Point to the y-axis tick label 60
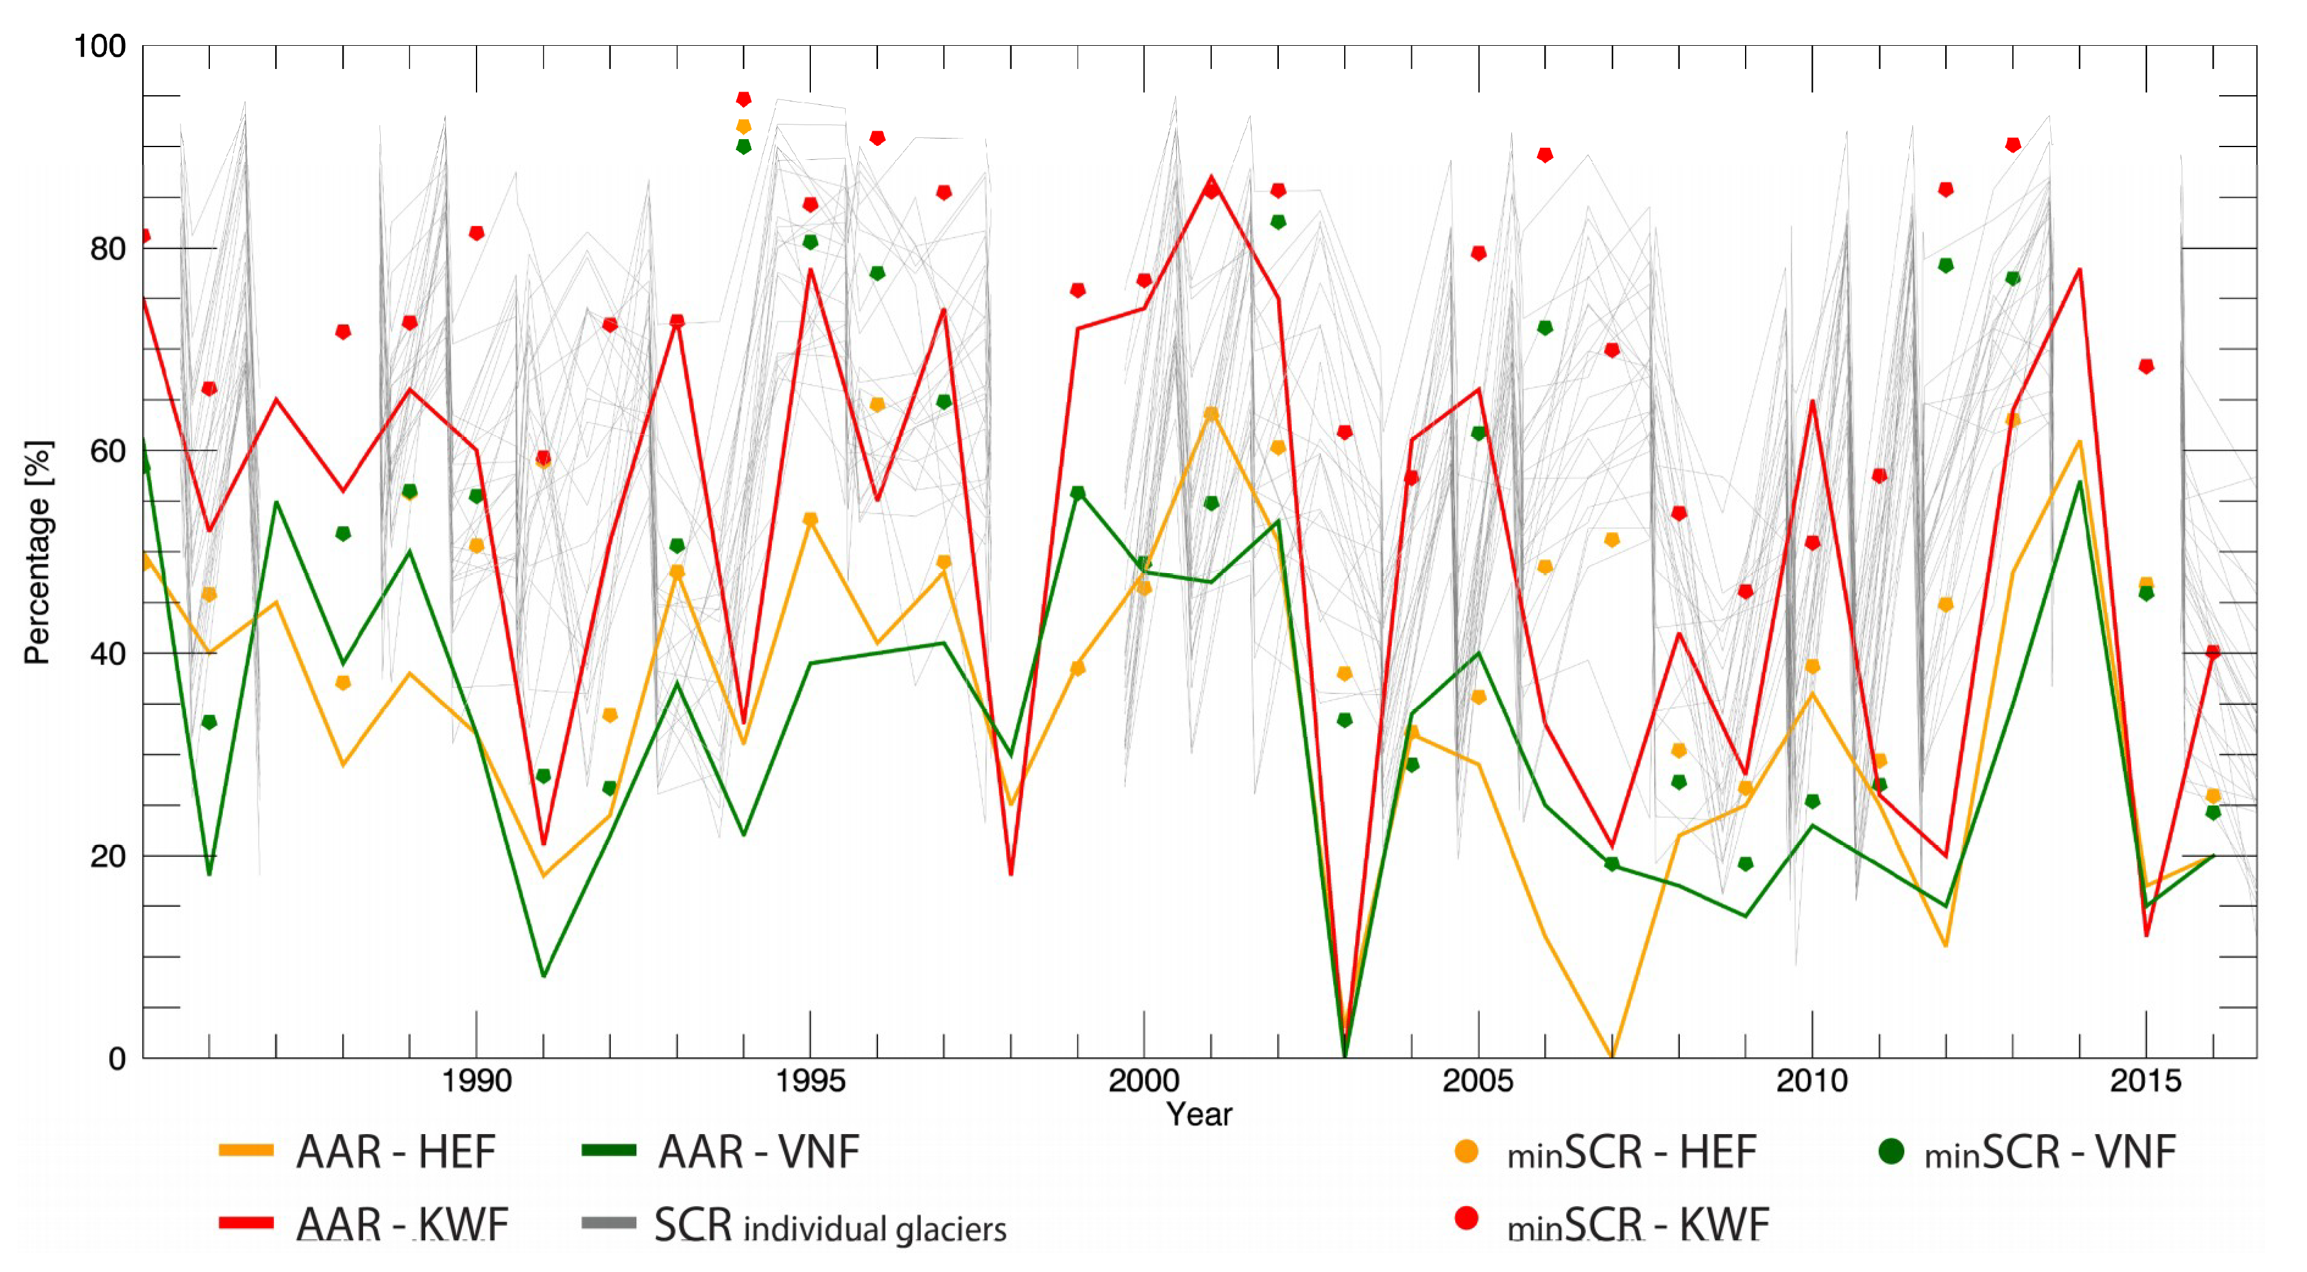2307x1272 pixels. point(107,450)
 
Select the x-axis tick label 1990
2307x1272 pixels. point(477,1081)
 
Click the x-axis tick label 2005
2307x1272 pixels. point(1478,1081)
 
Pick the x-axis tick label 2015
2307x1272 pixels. point(2146,1081)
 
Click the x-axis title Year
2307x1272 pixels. point(1198,1115)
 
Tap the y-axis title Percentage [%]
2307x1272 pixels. point(38,553)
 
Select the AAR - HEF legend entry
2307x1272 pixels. point(358,1152)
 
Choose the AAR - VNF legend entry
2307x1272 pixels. point(721,1152)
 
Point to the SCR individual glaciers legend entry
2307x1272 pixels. point(793,1226)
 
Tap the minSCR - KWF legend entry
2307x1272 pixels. point(1612,1224)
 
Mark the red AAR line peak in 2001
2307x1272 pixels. point(1211,178)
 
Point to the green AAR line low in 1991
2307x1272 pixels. point(544,975)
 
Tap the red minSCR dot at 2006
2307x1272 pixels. point(1545,155)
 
